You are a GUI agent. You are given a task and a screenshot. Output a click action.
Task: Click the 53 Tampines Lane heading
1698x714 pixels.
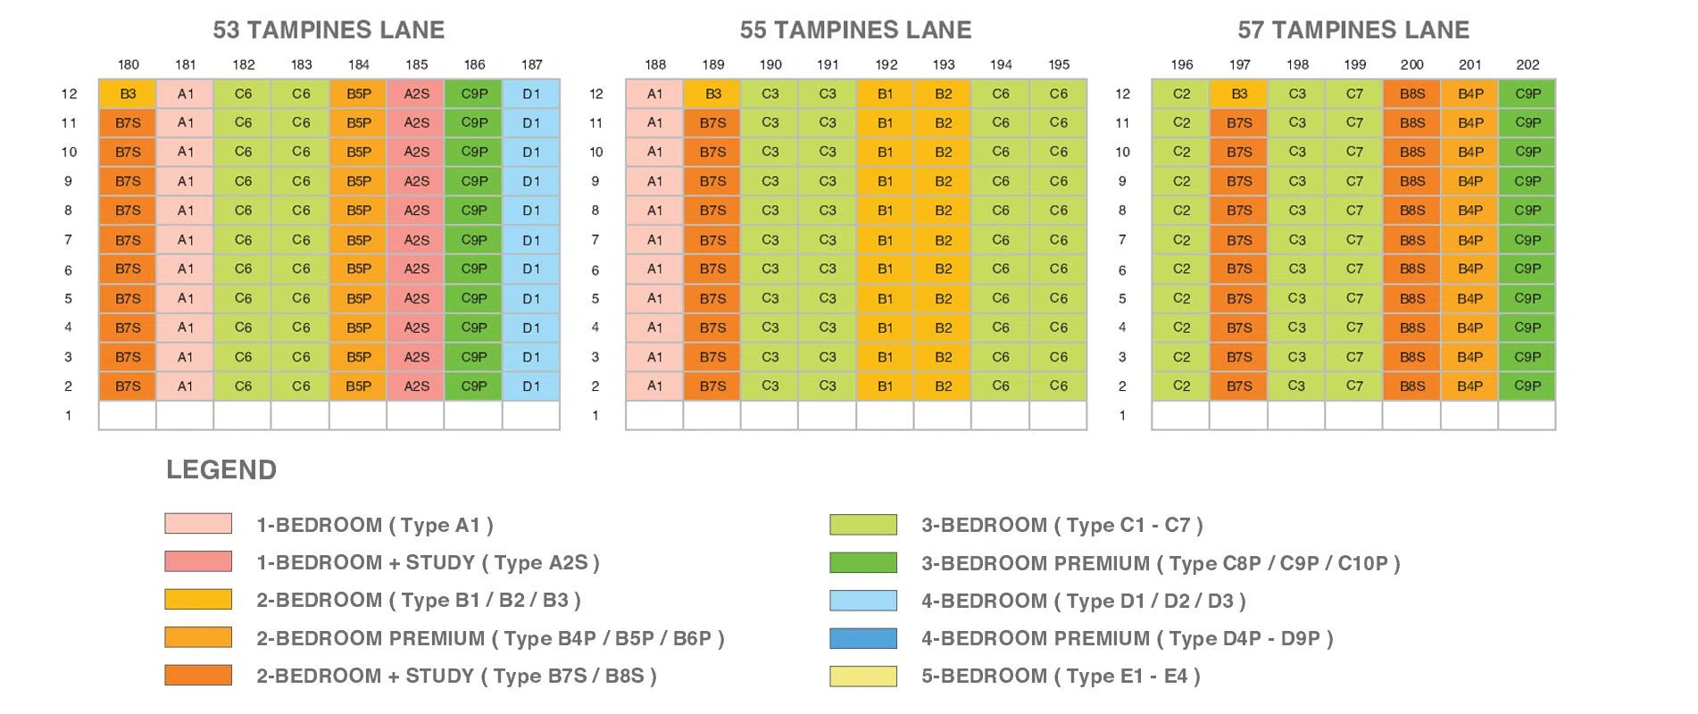point(329,30)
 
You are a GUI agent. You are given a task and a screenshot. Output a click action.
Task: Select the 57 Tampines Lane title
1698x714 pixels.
point(1353,30)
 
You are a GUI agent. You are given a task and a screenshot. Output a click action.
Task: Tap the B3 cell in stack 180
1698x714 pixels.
point(128,94)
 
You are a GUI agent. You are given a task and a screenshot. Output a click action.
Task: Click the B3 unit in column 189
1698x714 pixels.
point(712,94)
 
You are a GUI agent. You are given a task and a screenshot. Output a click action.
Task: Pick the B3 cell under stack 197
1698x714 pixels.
point(1239,94)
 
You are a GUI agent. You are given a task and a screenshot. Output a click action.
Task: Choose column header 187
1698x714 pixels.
point(531,64)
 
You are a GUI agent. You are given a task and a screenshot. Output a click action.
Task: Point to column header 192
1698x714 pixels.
point(886,64)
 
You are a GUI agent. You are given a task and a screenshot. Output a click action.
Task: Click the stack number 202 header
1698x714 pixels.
point(1527,64)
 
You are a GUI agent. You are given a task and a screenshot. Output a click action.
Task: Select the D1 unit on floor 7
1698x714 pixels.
point(531,240)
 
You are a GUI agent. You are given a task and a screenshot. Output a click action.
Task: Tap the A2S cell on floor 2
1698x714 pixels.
point(416,386)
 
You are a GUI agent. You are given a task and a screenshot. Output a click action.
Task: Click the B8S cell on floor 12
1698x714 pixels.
point(1412,94)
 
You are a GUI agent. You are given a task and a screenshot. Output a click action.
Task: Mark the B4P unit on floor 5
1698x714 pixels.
point(1470,298)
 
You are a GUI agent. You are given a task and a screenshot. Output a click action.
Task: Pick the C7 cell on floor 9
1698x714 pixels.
point(1354,181)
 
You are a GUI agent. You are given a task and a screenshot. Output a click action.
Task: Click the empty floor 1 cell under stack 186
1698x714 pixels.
point(474,416)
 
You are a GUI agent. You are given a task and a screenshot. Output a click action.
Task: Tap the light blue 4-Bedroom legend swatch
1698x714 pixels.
point(863,601)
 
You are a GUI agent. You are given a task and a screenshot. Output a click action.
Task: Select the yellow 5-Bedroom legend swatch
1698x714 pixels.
point(863,677)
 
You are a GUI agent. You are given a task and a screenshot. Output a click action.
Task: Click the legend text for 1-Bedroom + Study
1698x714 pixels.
point(428,563)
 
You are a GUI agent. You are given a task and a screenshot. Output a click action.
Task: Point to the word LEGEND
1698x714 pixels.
point(221,469)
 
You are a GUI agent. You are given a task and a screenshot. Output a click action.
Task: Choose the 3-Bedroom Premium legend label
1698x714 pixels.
point(1161,563)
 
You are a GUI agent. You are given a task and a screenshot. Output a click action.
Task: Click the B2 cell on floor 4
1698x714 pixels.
point(944,328)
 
